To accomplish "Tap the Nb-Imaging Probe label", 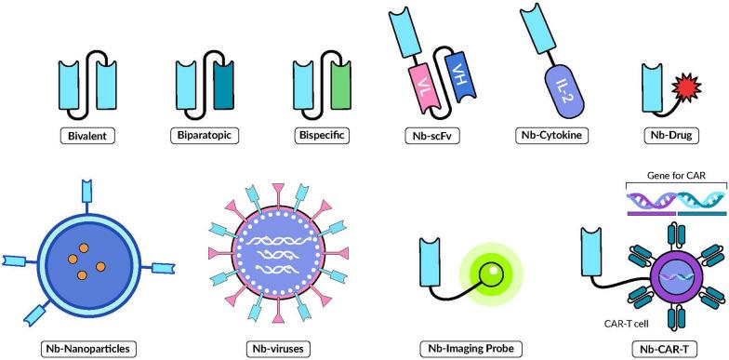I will pyautogui.click(x=468, y=349).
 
